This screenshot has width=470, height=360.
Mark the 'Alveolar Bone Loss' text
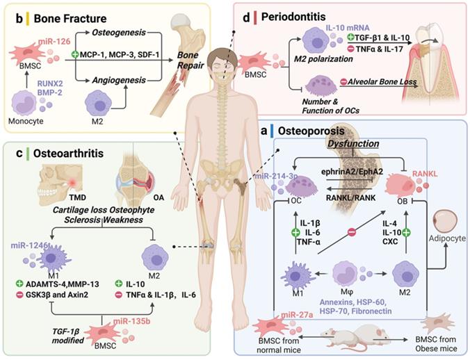(371, 82)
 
